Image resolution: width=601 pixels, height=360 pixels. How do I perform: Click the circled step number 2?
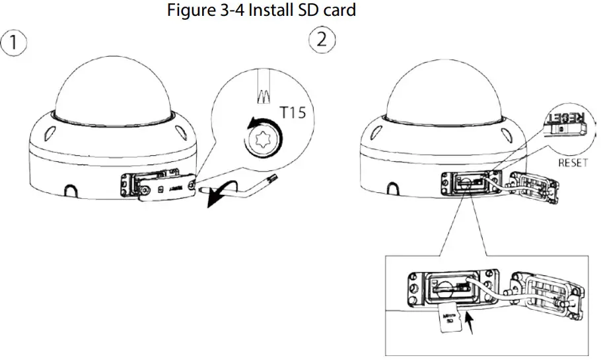(x=322, y=40)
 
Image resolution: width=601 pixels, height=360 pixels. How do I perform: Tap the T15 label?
(x=293, y=113)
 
